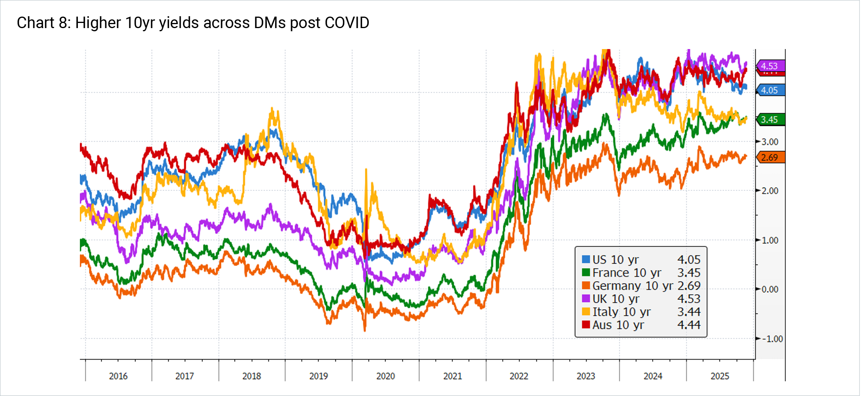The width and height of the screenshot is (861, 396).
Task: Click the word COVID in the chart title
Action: click(347, 23)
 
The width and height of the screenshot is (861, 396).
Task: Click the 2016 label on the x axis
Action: click(118, 376)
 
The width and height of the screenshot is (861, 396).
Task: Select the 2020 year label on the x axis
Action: click(385, 376)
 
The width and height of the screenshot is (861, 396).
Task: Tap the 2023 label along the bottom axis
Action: click(586, 376)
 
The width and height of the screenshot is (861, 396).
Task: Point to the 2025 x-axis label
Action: click(720, 376)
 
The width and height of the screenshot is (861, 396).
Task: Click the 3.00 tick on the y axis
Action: click(770, 142)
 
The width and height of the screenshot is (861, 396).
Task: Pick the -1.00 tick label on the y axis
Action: click(772, 339)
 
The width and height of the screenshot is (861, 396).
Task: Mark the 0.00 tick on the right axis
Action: click(770, 289)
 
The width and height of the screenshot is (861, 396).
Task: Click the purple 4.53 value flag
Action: click(770, 66)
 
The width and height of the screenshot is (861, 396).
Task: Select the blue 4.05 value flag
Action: click(770, 90)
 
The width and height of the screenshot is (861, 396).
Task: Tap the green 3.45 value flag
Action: click(770, 119)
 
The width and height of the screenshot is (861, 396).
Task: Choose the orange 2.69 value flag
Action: click(770, 157)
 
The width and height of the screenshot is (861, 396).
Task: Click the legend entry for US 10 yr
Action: click(615, 260)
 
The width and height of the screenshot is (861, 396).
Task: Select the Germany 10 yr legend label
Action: click(632, 286)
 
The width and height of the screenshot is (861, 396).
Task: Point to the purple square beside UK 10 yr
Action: click(586, 299)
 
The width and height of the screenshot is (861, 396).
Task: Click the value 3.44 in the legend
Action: click(689, 312)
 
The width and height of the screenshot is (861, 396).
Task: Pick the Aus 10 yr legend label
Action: click(618, 325)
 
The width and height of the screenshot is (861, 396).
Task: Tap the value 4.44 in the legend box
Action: click(689, 325)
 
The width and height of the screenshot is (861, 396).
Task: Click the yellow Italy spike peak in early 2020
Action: click(366, 170)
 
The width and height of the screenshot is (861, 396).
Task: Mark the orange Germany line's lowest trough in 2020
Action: click(364, 330)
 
